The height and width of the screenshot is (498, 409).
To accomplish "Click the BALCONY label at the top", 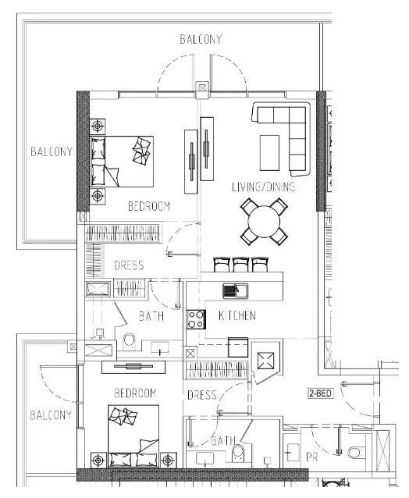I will (201, 39).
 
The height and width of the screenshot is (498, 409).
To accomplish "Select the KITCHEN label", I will (237, 316).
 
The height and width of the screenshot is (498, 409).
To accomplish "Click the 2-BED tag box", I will (321, 394).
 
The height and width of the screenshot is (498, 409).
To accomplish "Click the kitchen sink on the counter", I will (235, 291).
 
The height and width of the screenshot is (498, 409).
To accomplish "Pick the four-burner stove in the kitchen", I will (195, 318).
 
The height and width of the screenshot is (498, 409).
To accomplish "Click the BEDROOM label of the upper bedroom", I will (149, 207).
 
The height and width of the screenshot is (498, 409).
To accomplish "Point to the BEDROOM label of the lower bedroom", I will (135, 393).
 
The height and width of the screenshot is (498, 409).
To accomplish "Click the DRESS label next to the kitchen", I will (202, 396).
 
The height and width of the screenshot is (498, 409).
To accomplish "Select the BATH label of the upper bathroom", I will (151, 317).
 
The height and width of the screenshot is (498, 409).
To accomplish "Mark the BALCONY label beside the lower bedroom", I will (51, 414).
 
